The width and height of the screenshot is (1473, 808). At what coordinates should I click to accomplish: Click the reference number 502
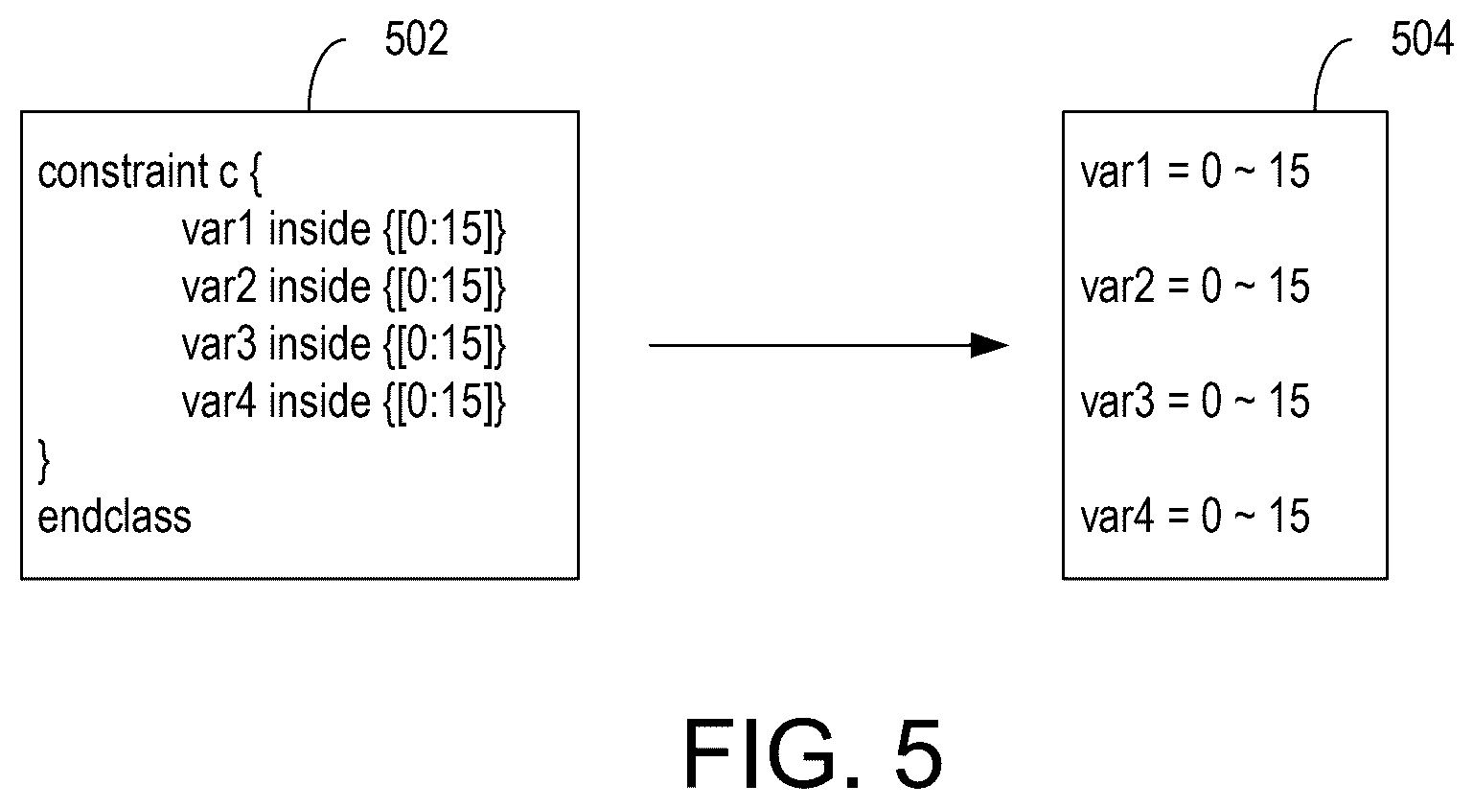coord(416,38)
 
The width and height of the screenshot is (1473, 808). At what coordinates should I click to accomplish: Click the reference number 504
coord(1421,38)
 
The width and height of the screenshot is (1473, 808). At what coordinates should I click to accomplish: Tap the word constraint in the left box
coord(123,172)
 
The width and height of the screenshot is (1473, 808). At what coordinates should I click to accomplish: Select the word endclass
coord(114,517)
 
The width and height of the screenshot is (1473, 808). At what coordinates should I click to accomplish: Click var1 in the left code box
coord(218,229)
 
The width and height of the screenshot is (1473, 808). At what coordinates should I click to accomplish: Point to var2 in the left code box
coord(219,287)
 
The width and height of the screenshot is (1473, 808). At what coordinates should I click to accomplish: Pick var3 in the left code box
coord(219,344)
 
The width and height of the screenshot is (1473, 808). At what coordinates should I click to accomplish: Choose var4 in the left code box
coord(219,402)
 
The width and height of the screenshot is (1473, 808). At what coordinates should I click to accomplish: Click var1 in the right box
coord(1116,172)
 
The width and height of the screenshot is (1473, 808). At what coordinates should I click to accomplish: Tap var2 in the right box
coord(1117,287)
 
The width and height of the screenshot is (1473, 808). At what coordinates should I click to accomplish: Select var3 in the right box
coord(1117,402)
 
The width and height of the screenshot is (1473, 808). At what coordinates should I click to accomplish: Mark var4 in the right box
coord(1117,516)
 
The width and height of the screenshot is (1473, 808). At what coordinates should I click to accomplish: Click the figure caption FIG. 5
coord(814,753)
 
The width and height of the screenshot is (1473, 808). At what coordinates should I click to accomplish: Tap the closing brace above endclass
coord(43,462)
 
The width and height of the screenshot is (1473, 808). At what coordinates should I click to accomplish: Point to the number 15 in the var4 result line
coord(1290,516)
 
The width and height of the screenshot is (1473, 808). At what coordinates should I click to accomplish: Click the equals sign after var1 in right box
coord(1179,173)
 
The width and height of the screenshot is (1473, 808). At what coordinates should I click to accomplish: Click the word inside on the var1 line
coord(319,229)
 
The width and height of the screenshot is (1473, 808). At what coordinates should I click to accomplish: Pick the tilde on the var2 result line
coord(1244,288)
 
